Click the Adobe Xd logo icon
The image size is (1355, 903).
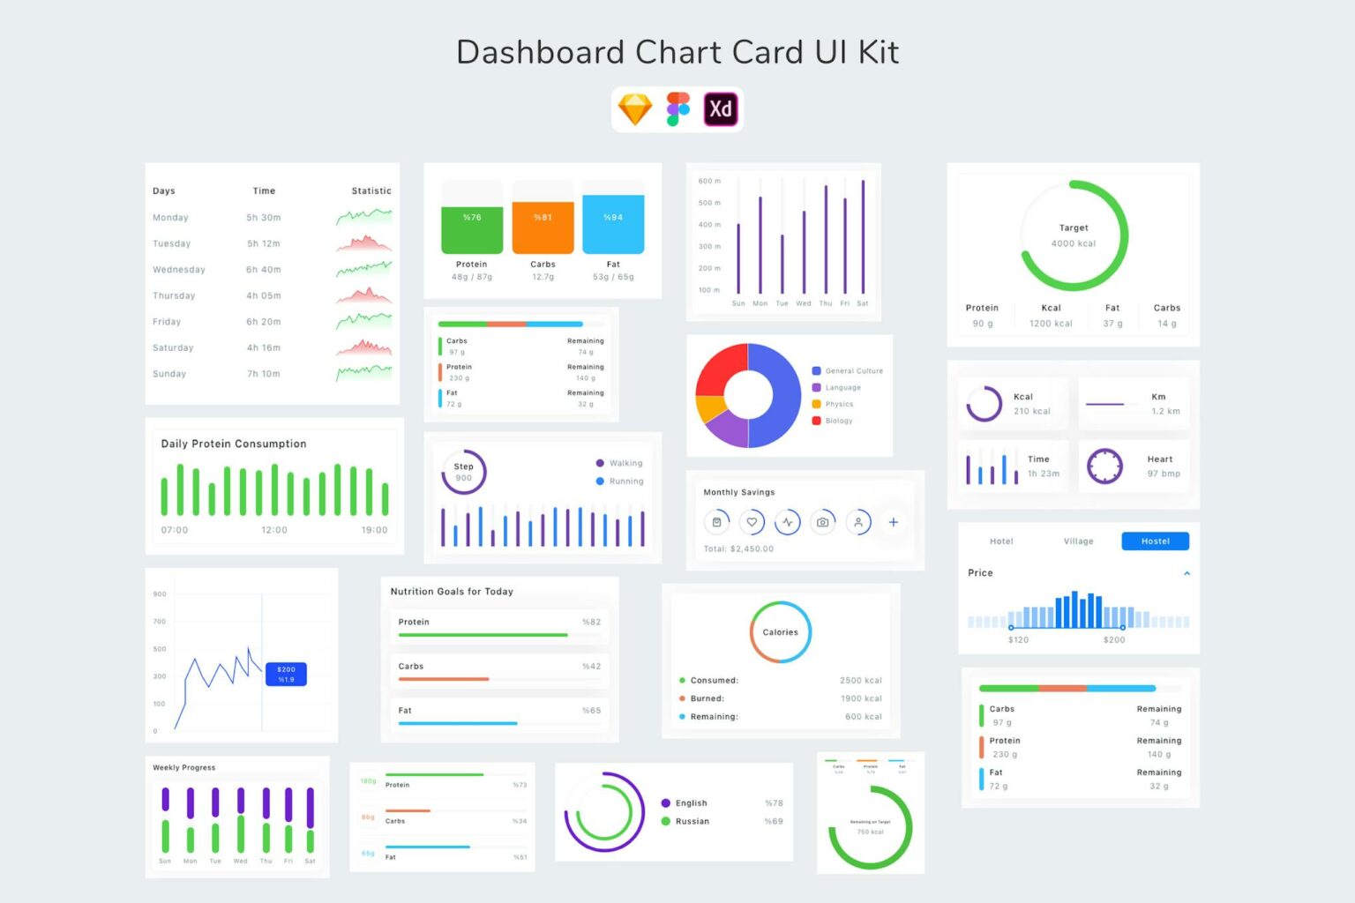click(720, 109)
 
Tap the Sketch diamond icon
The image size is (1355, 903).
click(635, 109)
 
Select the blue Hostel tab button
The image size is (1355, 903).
click(1155, 541)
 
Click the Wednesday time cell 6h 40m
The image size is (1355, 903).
click(263, 270)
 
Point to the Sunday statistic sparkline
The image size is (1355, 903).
click(363, 373)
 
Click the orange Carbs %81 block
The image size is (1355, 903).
click(543, 227)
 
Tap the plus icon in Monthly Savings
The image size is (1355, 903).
click(893, 522)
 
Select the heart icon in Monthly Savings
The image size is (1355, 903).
click(752, 522)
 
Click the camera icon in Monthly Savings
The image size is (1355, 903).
click(822, 522)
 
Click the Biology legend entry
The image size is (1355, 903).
click(838, 421)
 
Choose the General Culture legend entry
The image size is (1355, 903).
click(853, 371)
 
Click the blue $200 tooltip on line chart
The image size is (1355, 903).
click(286, 675)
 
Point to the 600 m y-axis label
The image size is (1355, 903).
click(709, 181)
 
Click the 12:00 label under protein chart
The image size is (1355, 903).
click(274, 530)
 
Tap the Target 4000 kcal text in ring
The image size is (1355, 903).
click(1074, 235)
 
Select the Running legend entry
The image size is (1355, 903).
click(625, 481)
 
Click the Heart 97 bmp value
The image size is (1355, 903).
click(1164, 474)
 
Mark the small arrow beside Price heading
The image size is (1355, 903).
click(1187, 573)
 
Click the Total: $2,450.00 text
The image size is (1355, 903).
click(738, 549)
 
